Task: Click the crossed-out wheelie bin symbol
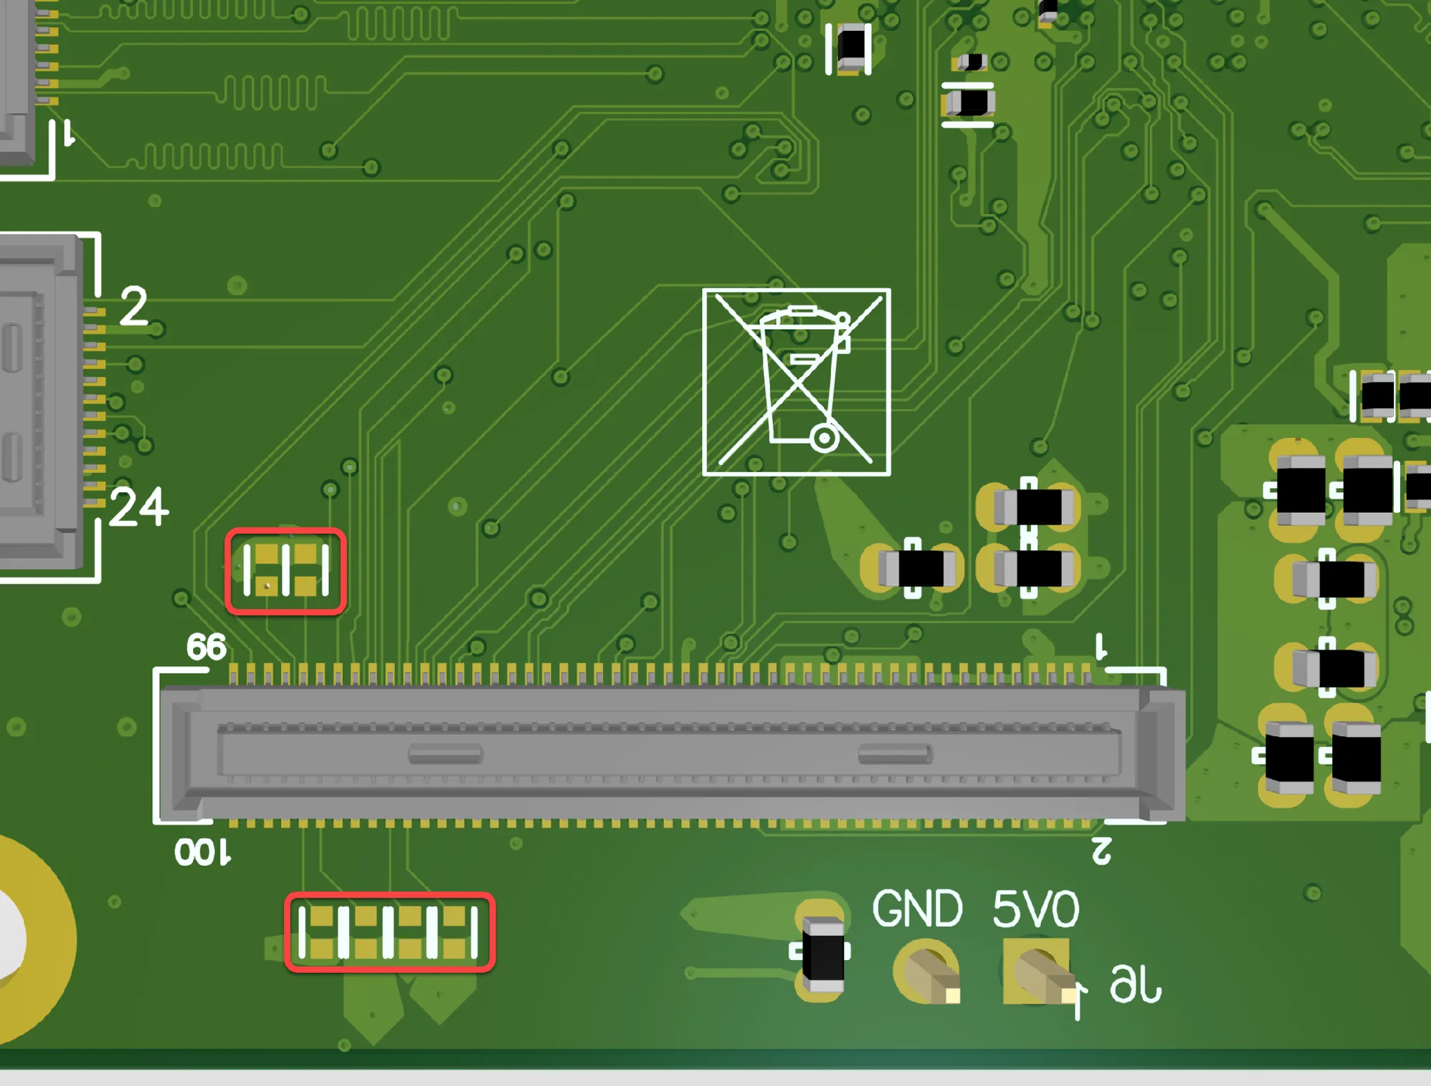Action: click(796, 382)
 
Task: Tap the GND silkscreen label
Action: click(917, 909)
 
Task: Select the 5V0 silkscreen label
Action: click(1035, 909)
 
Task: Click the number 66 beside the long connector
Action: click(206, 647)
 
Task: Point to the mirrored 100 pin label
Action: click(202, 853)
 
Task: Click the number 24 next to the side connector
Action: click(140, 507)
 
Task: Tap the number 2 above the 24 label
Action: click(134, 306)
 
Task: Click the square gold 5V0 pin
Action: click(1037, 972)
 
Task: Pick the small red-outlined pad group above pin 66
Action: click(286, 571)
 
